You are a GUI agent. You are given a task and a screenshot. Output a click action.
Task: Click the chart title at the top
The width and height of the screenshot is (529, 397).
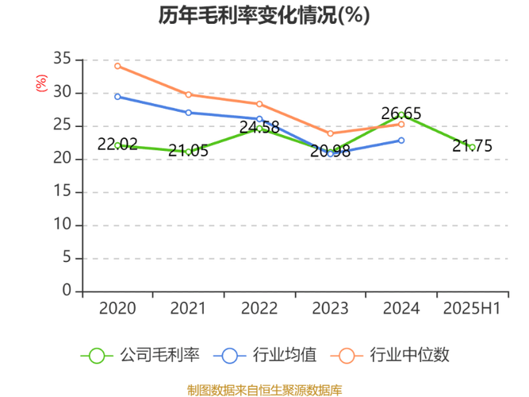264,15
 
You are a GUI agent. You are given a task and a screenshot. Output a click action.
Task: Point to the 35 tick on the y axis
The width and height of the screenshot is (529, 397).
63,59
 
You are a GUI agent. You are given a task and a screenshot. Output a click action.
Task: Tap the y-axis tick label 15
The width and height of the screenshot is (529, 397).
63,191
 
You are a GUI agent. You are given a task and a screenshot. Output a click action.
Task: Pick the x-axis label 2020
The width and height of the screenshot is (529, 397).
117,307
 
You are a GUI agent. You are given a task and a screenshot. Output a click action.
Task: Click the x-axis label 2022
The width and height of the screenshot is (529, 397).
259,307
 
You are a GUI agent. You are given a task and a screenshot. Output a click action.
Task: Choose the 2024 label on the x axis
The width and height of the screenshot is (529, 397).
401,307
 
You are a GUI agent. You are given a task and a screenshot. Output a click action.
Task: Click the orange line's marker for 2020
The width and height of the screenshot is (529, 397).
117,66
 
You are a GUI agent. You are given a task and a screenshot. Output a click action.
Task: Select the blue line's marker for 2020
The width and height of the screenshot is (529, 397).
117,97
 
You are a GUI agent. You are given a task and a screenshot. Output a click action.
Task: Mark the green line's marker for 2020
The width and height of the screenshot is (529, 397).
117,145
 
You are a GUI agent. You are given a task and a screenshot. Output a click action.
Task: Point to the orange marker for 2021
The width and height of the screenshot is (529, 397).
188,94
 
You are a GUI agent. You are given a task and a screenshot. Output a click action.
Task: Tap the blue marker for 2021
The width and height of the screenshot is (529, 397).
188,113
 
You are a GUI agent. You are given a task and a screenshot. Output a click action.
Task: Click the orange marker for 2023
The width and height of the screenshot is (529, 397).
330,134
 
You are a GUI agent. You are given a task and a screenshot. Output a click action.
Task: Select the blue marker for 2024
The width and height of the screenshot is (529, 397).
401,140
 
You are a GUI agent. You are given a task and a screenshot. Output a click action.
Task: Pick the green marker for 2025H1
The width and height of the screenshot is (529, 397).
472,146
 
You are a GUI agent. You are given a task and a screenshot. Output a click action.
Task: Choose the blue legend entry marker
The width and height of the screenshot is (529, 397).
230,355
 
